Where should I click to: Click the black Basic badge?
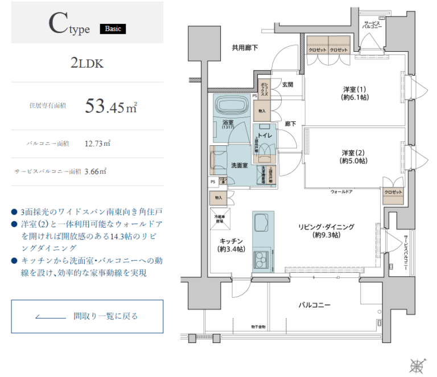click(x=113, y=28)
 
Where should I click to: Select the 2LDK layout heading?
click(x=87, y=63)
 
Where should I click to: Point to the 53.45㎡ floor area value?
click(x=111, y=106)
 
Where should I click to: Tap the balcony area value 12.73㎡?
click(x=97, y=144)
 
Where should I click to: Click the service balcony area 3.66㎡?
click(x=95, y=171)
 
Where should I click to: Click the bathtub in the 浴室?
click(x=230, y=106)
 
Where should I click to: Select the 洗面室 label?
click(x=239, y=165)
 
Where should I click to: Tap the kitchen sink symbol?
click(x=263, y=222)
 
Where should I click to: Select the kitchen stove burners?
click(x=263, y=260)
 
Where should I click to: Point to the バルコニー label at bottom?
click(x=314, y=305)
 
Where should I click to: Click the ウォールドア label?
click(x=341, y=192)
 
